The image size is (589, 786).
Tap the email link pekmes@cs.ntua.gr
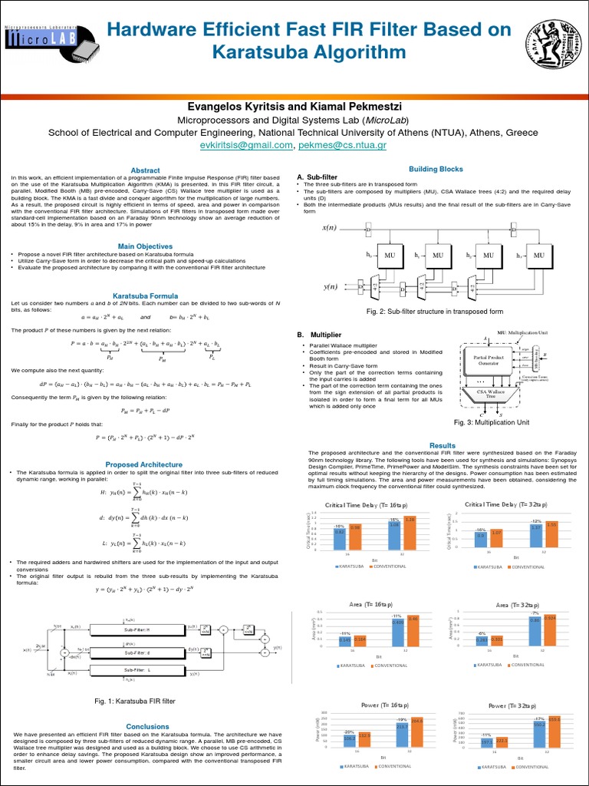point(342,144)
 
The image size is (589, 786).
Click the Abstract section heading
point(146,170)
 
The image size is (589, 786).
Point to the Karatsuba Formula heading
point(146,296)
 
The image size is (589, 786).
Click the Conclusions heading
point(147,726)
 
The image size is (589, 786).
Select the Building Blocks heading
point(436,169)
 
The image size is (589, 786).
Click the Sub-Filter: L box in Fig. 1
point(139,671)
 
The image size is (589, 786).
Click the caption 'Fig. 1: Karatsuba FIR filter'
point(135,701)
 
